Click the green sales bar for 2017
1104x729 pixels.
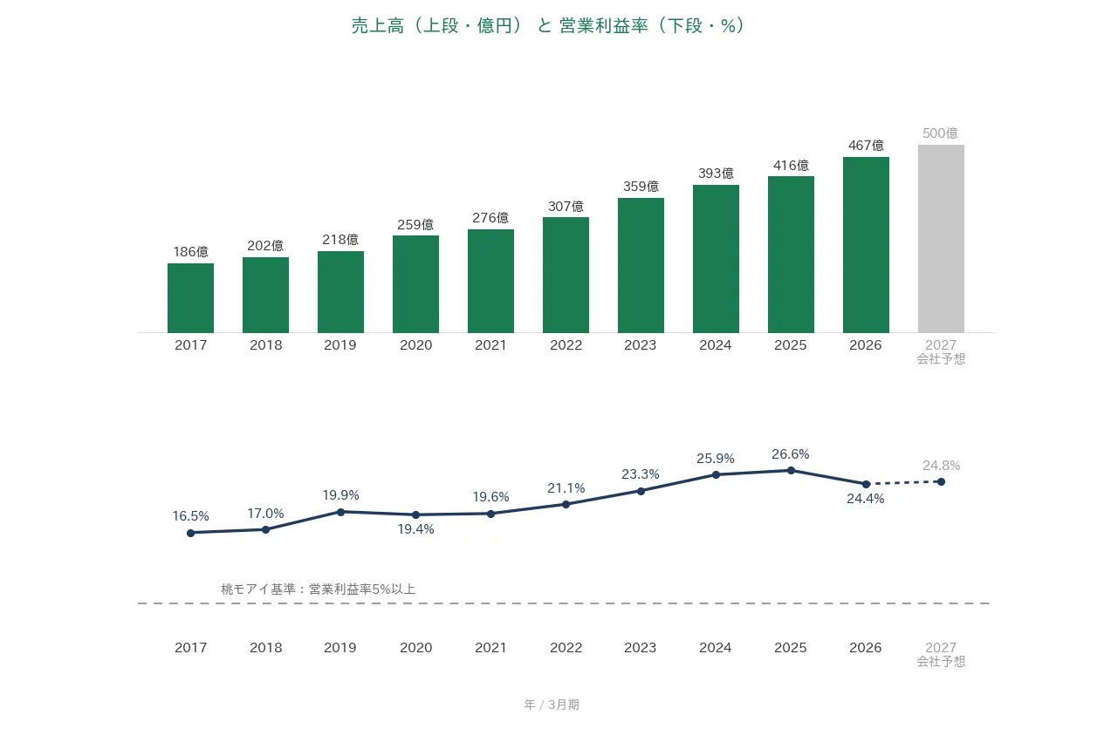pyautogui.click(x=191, y=298)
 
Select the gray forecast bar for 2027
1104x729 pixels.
pyautogui.click(x=941, y=239)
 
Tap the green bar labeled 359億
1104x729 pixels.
pyautogui.click(x=641, y=265)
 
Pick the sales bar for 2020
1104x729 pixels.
pyautogui.click(x=415, y=284)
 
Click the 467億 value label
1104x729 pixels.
pyautogui.click(x=866, y=146)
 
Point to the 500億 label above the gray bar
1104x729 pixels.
pyautogui.click(x=941, y=133)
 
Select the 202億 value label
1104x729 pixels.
pyautogui.click(x=265, y=245)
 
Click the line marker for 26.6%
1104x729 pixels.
pyautogui.click(x=791, y=470)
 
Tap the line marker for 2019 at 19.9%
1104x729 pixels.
pyautogui.click(x=340, y=512)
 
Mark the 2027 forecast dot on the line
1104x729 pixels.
pyautogui.click(x=941, y=481)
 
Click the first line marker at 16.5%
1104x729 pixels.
pyautogui.click(x=191, y=533)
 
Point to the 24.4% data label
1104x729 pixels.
pyautogui.click(x=866, y=499)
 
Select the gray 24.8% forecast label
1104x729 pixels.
pyautogui.click(x=942, y=466)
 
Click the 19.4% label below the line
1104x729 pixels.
pyautogui.click(x=415, y=529)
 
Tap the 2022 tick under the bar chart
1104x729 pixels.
pyautogui.click(x=566, y=344)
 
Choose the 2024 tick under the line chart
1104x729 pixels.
pyautogui.click(x=715, y=647)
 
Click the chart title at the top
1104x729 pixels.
pyautogui.click(x=548, y=25)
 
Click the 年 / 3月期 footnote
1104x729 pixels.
pyautogui.click(x=552, y=705)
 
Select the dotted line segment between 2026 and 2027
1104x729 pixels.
pyautogui.click(x=903, y=483)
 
